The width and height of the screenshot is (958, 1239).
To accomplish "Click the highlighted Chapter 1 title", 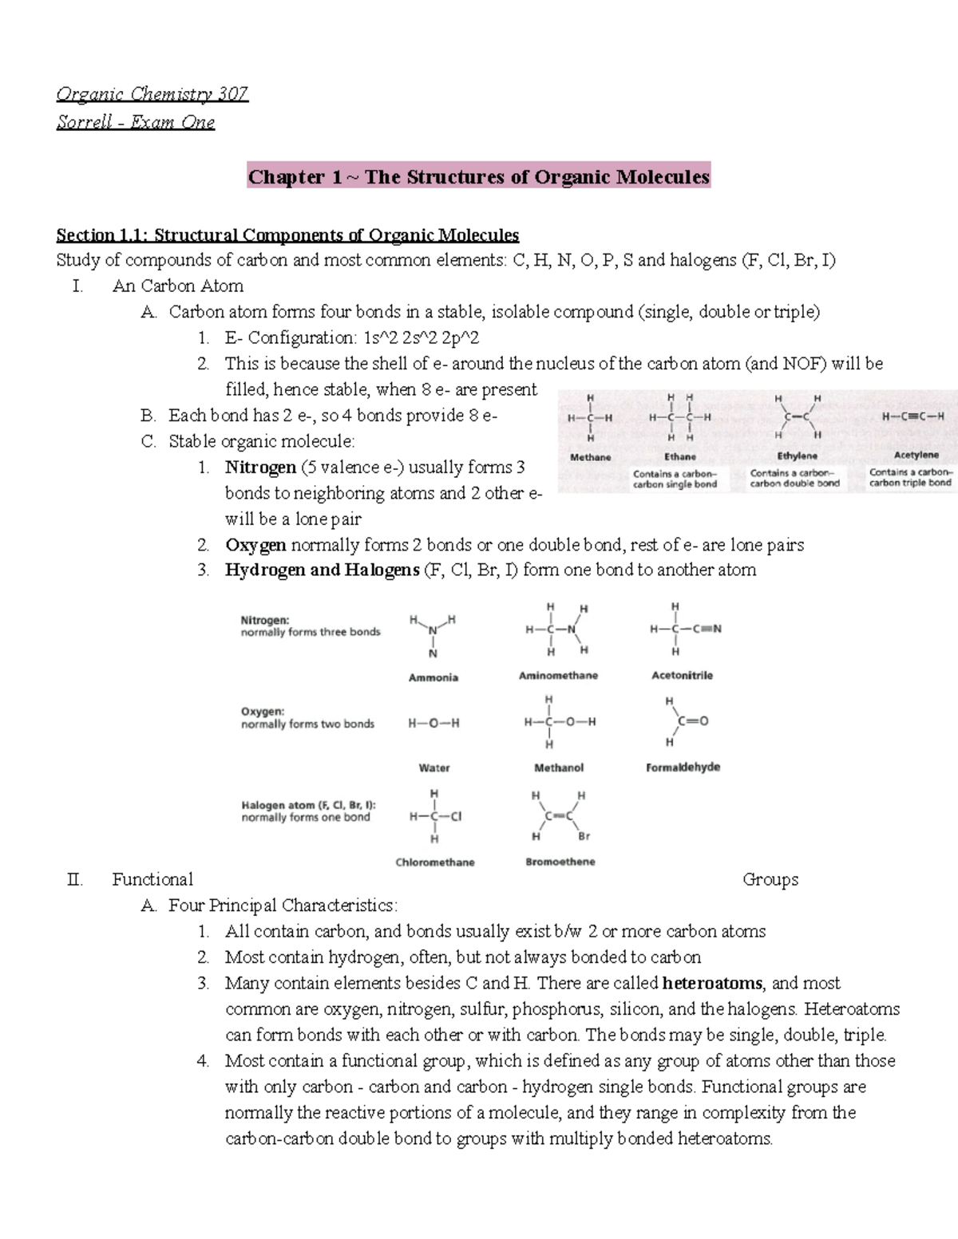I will pyautogui.click(x=478, y=177).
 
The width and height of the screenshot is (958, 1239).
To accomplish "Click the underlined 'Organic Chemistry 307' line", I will pyautogui.click(x=152, y=94).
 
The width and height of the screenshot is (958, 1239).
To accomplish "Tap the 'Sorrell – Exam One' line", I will pyautogui.click(x=136, y=122).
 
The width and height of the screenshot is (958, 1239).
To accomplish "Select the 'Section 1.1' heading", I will pyautogui.click(x=287, y=235).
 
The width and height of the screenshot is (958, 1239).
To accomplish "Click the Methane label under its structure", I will pyautogui.click(x=590, y=457).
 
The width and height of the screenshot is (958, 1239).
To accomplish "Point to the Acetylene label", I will pyautogui.click(x=916, y=455).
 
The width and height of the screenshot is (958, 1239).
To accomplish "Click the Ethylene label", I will pyautogui.click(x=797, y=456).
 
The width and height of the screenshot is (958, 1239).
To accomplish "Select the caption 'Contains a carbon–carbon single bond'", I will pyautogui.click(x=675, y=479).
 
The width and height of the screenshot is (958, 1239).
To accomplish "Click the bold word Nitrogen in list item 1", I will pyautogui.click(x=260, y=467).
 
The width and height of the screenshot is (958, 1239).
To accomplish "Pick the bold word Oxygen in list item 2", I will pyautogui.click(x=255, y=545).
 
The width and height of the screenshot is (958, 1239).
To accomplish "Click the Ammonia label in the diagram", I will pyautogui.click(x=433, y=677).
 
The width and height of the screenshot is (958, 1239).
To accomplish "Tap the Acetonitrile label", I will pyautogui.click(x=682, y=675).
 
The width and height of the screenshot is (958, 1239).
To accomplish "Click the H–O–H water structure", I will pyautogui.click(x=433, y=724).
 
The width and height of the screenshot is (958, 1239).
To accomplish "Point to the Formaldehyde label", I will pyautogui.click(x=683, y=767).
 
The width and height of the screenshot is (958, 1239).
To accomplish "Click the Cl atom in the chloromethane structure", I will pyautogui.click(x=456, y=816).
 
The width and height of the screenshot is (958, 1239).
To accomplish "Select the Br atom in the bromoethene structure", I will pyautogui.click(x=584, y=836).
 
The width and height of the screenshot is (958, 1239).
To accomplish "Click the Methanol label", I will pyautogui.click(x=558, y=767).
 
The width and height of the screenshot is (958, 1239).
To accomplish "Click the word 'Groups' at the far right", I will pyautogui.click(x=770, y=879).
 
